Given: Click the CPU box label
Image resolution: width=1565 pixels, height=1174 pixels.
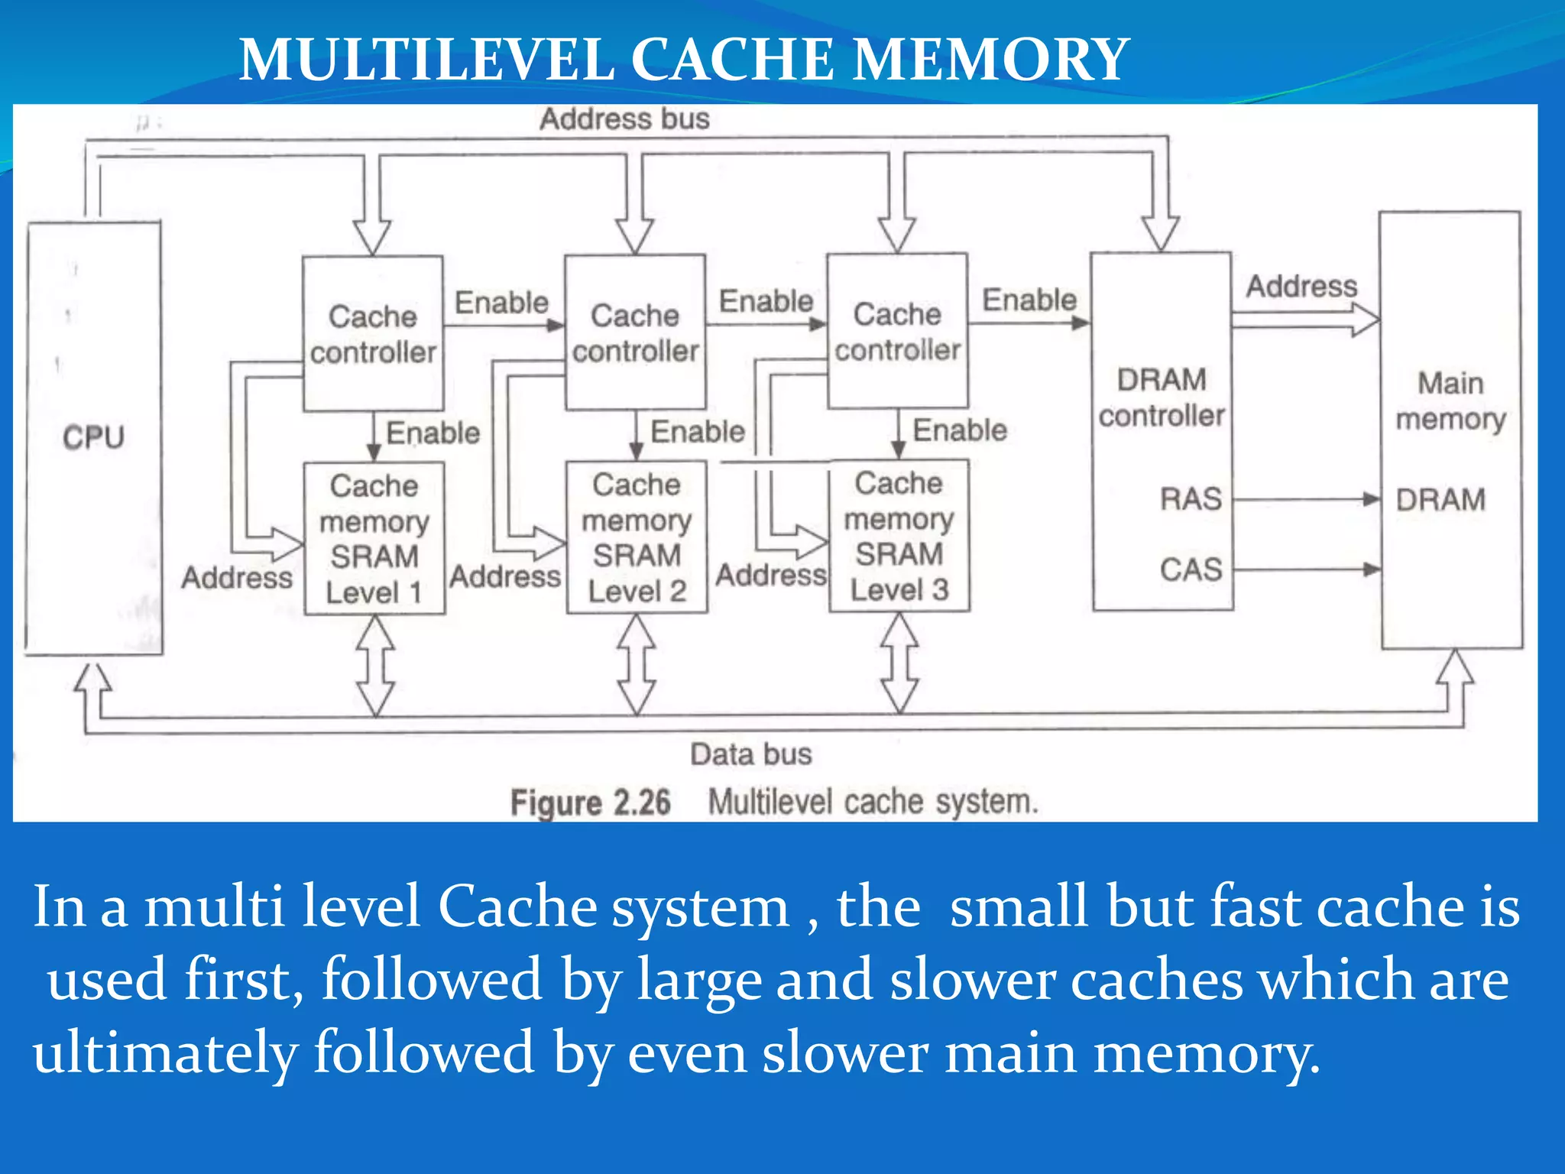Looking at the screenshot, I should [x=93, y=437].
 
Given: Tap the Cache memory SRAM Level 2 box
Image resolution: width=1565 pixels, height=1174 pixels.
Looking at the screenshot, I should [x=637, y=537].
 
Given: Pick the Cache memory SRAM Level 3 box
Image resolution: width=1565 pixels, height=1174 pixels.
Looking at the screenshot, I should [x=899, y=535].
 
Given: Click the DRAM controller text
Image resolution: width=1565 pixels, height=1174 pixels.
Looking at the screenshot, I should [x=1162, y=397].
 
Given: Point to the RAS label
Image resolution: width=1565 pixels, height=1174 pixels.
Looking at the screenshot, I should [x=1191, y=499].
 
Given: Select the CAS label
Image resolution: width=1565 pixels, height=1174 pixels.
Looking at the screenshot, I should [x=1191, y=569].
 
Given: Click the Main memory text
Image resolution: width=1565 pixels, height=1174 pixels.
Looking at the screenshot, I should [x=1450, y=401].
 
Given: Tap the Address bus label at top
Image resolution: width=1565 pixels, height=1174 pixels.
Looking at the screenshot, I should [x=624, y=119].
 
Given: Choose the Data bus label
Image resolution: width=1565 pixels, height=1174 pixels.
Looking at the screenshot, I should [x=750, y=754].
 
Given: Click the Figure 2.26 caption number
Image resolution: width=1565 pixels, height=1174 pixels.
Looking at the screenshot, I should [x=590, y=803].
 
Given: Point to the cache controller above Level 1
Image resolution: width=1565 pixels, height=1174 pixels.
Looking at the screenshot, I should [x=373, y=334].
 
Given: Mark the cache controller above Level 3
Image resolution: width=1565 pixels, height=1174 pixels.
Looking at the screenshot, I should [x=898, y=332].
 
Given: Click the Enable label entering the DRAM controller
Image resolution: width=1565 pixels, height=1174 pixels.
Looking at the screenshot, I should [x=1029, y=300].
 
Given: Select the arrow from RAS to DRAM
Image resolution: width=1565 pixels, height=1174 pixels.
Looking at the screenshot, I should [x=1307, y=500].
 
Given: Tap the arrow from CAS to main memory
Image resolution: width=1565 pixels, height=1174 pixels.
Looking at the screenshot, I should [x=1307, y=569].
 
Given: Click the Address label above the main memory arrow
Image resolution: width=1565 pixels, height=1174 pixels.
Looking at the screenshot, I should [x=1301, y=287].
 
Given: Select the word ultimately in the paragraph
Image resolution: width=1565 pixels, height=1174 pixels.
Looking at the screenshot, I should [x=164, y=1053].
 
